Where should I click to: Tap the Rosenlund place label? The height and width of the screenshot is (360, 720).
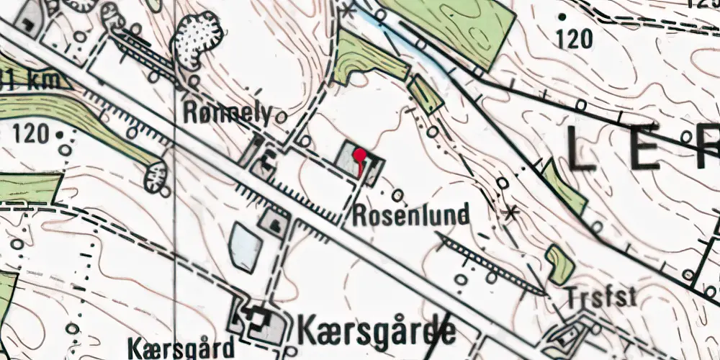[x=411, y=214]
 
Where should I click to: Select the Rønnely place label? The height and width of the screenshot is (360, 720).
[x=228, y=113]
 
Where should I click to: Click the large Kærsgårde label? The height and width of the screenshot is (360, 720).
[x=376, y=330]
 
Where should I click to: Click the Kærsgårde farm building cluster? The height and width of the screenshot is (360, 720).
[x=256, y=321]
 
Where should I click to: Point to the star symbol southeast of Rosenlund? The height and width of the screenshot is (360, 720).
[x=512, y=212]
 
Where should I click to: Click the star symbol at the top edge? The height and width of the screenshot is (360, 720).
[x=349, y=10]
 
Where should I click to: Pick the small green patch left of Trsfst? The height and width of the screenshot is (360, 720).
[x=559, y=262]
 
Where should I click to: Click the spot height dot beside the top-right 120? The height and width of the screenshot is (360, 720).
[x=562, y=16]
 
